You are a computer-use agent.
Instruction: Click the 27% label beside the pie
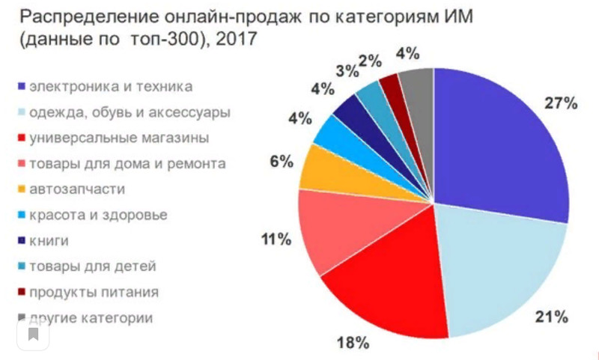pyautogui.click(x=561, y=104)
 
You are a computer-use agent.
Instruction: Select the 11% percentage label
pyautogui.click(x=276, y=240)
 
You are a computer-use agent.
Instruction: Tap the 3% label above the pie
pyautogui.click(x=346, y=72)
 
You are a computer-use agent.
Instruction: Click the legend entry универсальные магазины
pyautogui.click(x=118, y=138)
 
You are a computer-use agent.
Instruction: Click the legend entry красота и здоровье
pyautogui.click(x=98, y=216)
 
